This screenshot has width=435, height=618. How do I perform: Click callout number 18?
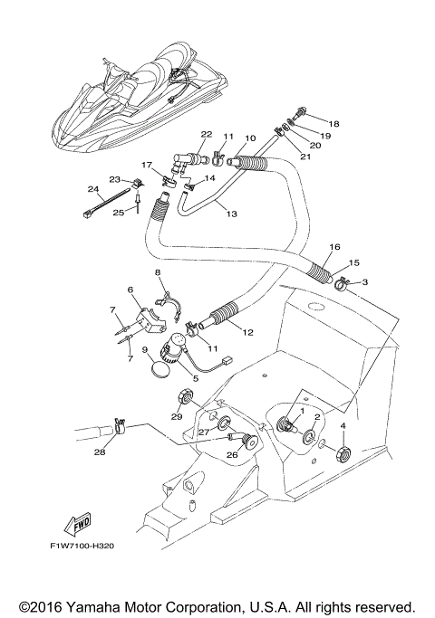(x=334, y=123)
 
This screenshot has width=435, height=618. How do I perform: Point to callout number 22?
(x=206, y=134)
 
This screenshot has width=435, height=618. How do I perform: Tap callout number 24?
(x=92, y=189)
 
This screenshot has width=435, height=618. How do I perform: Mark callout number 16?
(x=334, y=246)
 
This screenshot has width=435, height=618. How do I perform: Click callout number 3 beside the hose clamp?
(x=364, y=282)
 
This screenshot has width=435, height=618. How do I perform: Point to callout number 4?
(x=343, y=425)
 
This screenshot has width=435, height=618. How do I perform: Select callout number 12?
(x=247, y=332)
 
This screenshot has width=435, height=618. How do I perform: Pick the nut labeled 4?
(x=343, y=452)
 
